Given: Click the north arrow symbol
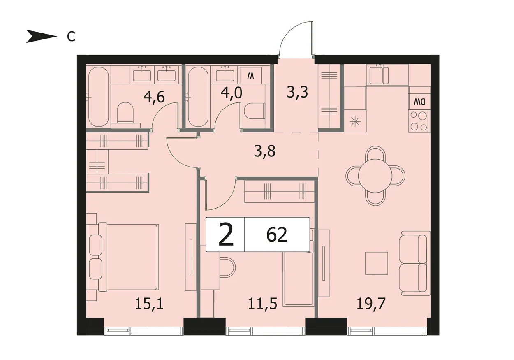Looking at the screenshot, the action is pyautogui.click(x=42, y=36).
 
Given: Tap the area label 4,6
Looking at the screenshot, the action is pyautogui.click(x=154, y=98).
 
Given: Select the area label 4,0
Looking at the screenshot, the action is pyautogui.click(x=231, y=93).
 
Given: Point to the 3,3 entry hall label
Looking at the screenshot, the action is pyautogui.click(x=297, y=93).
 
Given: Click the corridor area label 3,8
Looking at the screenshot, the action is pyautogui.click(x=264, y=151).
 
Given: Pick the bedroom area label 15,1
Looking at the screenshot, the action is pyautogui.click(x=149, y=304).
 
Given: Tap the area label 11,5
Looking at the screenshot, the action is pyautogui.click(x=262, y=304).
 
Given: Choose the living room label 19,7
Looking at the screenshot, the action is pyautogui.click(x=371, y=304).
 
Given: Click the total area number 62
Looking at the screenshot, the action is pyautogui.click(x=277, y=235).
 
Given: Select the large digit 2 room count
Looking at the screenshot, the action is pyautogui.click(x=226, y=235).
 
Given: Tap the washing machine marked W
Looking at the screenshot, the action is pyautogui.click(x=250, y=76).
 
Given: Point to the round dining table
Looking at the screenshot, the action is pyautogui.click(x=375, y=176).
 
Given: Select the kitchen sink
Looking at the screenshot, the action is pyautogui.click(x=379, y=75).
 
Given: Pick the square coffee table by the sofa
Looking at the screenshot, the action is pyautogui.click(x=377, y=263).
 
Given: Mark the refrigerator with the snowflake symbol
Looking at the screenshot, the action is pyautogui.click(x=355, y=121).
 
